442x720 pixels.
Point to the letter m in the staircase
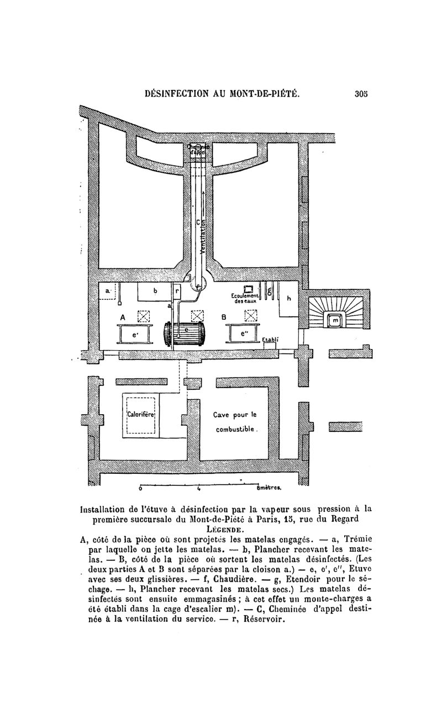point(335,320)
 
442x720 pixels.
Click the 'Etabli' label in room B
point(271,340)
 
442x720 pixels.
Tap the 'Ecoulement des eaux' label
point(246,299)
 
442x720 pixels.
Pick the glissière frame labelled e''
point(244,335)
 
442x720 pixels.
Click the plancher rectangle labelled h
point(288,299)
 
